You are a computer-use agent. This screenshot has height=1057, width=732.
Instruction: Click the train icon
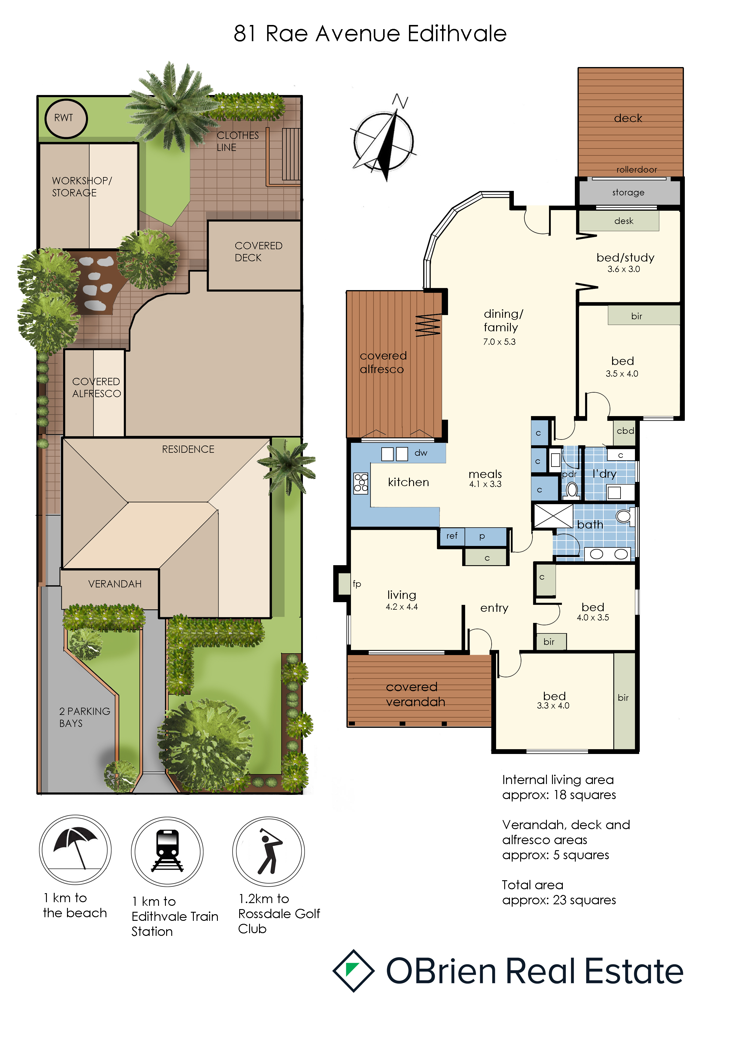(x=167, y=851)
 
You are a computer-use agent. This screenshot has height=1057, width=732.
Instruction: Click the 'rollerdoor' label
(x=637, y=169)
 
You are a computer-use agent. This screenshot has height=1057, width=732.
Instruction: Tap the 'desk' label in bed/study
(x=624, y=221)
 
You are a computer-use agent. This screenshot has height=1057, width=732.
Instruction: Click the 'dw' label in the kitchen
(x=421, y=453)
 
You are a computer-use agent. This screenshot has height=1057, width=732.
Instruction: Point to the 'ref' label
(x=452, y=535)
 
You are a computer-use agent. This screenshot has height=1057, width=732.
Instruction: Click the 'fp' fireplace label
(x=357, y=584)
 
